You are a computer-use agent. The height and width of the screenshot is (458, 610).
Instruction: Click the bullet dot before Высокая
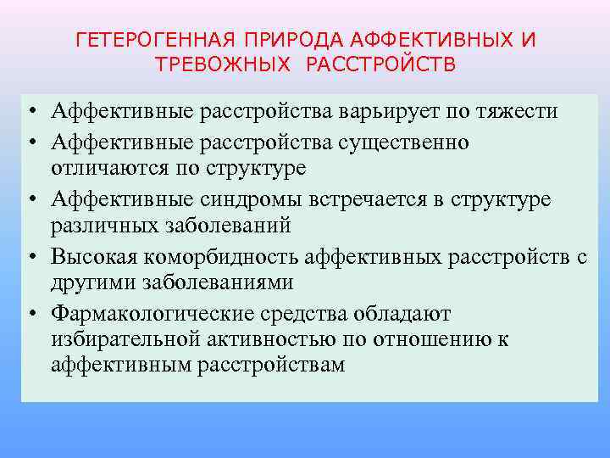(x=30, y=256)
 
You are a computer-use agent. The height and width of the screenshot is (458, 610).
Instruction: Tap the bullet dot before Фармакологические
(x=30, y=314)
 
